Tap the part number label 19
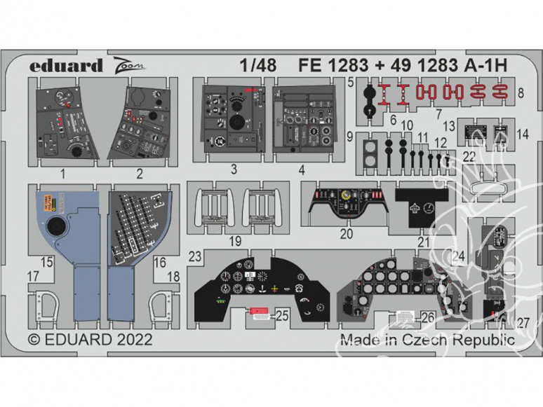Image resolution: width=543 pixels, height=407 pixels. pos(236,242)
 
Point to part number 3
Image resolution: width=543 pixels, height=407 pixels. pos(233,169)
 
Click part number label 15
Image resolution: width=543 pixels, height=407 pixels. pos(47,263)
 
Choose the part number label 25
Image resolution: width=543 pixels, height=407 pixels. pos(282,316)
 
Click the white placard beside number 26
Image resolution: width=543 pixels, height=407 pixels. pos(404,317)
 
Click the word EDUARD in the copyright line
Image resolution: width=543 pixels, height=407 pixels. pos(76,340)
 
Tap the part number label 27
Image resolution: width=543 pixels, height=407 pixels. pos(523,324)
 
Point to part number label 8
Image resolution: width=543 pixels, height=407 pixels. pos(521,92)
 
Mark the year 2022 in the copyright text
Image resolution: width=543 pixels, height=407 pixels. pos(128,340)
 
